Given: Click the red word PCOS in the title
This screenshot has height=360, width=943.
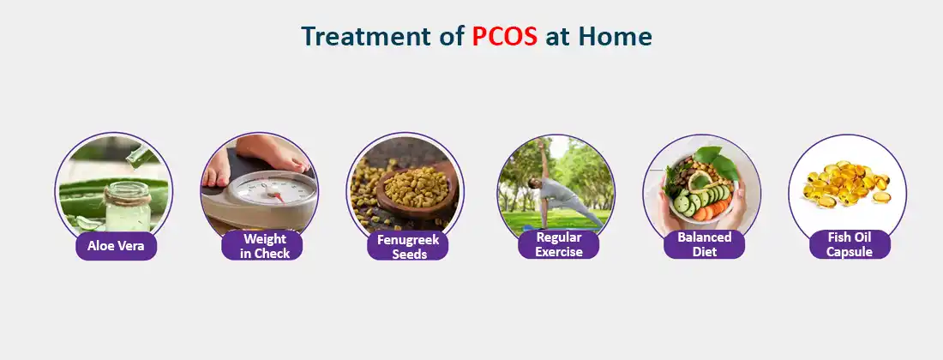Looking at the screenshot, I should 505,37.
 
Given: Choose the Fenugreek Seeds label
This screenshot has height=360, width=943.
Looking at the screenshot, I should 409,247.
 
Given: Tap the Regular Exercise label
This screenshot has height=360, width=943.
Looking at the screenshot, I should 559,244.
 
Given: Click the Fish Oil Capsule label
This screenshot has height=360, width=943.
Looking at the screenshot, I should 850,244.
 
